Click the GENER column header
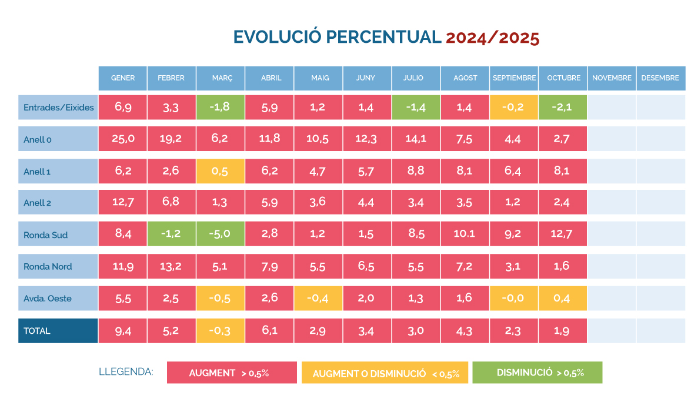point(123,78)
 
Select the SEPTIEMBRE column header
point(514,78)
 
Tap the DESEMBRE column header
point(660,78)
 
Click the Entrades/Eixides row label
point(58,108)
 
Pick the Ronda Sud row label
point(58,235)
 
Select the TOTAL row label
point(58,331)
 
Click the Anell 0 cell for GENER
point(123,139)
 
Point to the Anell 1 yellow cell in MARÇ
point(221,171)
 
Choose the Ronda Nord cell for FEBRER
point(172,266)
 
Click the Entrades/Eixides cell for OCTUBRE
point(563,108)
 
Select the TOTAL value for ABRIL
point(269,331)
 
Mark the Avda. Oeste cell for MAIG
point(318,299)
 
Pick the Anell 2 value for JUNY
point(367,203)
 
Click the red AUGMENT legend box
point(232,373)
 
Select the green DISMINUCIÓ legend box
point(537,373)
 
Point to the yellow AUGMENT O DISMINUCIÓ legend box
point(385,373)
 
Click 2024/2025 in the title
point(492,38)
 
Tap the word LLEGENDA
point(126,371)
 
